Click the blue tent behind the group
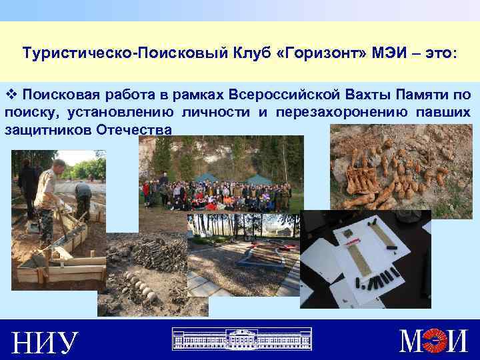click(x=259, y=179)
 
